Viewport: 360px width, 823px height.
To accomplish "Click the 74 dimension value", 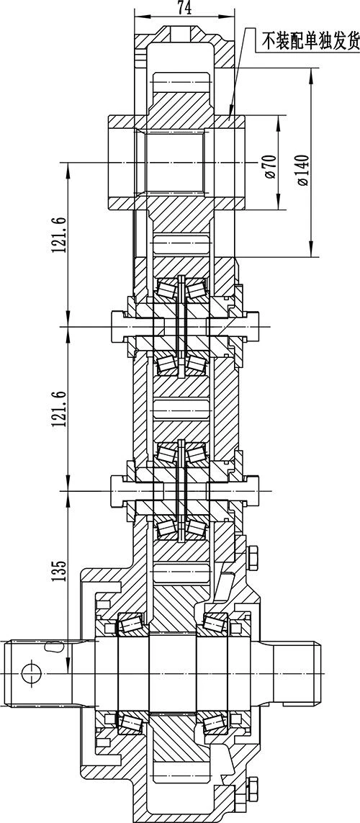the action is [184, 7].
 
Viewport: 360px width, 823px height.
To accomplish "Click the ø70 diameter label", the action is [271, 166].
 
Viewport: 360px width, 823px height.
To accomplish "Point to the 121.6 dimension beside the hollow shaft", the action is [59, 233].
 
